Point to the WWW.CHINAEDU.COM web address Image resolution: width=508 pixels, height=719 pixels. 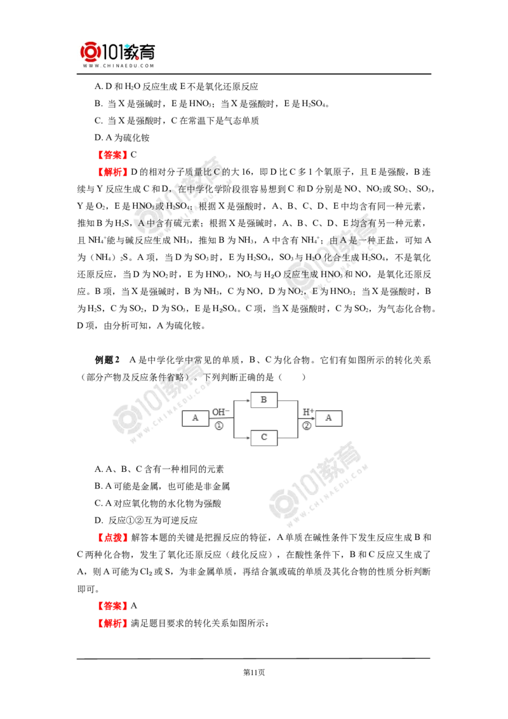tap(119, 65)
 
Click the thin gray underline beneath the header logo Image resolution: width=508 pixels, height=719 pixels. tap(119, 75)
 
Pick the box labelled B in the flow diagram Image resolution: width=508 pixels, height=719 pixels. tap(264, 401)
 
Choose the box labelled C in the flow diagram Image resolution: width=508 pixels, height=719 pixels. tap(264, 437)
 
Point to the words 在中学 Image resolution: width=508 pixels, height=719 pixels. tap(191, 189)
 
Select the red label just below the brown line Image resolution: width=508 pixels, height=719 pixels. tap(112, 624)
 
